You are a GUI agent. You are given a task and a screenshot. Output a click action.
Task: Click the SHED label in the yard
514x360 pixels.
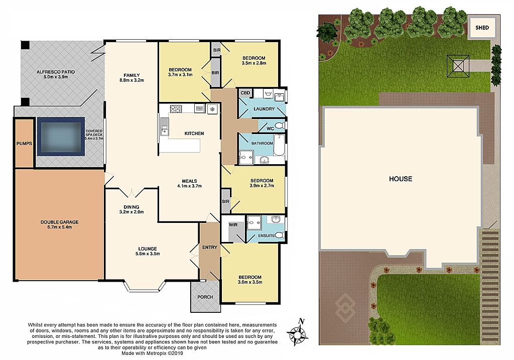pos(482,28)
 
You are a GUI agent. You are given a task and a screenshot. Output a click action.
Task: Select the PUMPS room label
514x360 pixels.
pos(24,144)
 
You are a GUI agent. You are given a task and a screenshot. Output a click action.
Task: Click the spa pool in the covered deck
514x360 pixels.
pos(61,137)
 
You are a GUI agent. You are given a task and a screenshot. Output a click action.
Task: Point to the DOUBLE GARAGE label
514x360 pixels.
pos(59,222)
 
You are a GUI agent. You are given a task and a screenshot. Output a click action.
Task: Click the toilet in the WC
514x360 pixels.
pos(279,126)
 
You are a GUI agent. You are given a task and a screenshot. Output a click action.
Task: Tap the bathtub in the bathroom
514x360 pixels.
pos(279,145)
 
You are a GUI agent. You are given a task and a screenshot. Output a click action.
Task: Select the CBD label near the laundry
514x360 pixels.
pos(245,93)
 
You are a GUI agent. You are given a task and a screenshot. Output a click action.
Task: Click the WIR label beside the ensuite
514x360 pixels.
pos(233,225)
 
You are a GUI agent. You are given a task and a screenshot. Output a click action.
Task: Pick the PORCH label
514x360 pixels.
pos(205,297)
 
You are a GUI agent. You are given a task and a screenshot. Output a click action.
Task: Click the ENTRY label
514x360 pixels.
pos(209,247)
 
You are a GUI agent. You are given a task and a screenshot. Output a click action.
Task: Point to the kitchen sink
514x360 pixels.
pos(164,126)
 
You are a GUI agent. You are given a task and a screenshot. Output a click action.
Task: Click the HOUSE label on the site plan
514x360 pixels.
pos(401,179)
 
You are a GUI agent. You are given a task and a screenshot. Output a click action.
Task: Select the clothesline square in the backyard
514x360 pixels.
pos(458,67)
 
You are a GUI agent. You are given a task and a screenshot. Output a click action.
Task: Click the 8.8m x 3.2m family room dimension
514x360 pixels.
pos(132,80)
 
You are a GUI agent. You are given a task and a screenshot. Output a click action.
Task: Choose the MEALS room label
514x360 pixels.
pos(189,181)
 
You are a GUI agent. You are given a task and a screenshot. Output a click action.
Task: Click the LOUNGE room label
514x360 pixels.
pos(148,249)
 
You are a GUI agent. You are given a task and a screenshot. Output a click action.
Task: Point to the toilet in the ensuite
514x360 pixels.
pos(279,235)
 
